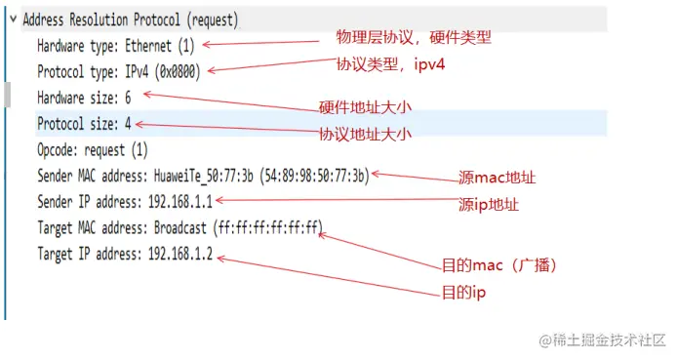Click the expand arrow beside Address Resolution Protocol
(11, 20)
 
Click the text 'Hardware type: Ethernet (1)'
(116, 45)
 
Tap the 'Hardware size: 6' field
(84, 98)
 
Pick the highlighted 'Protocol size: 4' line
(84, 124)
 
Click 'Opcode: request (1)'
(93, 150)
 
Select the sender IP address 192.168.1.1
(179, 202)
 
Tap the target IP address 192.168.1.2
(179, 255)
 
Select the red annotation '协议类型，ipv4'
(396, 64)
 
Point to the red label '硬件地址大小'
(365, 107)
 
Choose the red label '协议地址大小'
(365, 135)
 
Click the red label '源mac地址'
(498, 179)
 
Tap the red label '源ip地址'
(489, 205)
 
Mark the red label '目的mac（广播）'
(499, 265)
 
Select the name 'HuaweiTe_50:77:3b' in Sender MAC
(201, 176)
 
